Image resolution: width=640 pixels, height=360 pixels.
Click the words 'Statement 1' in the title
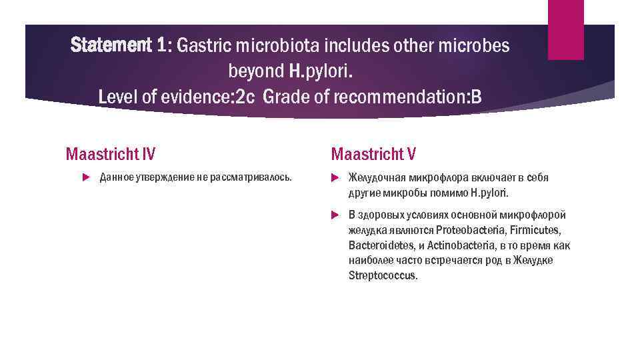click(117, 45)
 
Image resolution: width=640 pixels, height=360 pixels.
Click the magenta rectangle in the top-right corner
click(565, 30)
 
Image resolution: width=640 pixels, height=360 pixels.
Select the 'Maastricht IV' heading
click(110, 155)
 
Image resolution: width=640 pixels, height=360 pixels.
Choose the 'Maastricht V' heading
click(373, 155)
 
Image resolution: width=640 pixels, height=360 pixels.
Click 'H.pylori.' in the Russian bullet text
click(489, 193)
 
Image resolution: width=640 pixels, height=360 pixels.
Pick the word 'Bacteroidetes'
click(378, 245)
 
